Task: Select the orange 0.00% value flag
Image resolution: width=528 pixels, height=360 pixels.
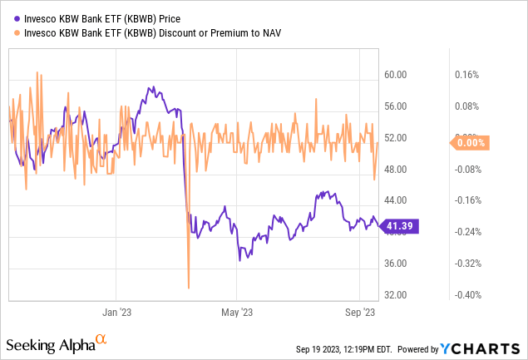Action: click(470, 143)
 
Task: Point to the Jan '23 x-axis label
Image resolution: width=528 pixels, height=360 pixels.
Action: click(116, 314)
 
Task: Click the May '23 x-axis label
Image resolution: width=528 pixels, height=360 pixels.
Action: click(236, 314)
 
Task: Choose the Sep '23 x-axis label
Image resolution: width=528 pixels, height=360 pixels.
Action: click(358, 314)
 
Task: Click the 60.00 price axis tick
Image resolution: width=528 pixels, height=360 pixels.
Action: click(396, 75)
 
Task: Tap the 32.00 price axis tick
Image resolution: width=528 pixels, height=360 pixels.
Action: click(396, 295)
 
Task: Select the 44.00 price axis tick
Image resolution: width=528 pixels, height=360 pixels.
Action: click(396, 200)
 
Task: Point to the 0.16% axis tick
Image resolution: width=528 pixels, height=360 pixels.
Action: click(468, 75)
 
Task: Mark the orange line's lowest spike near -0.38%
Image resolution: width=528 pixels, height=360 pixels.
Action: click(189, 288)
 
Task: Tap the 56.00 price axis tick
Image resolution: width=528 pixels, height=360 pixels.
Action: click(396, 106)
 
